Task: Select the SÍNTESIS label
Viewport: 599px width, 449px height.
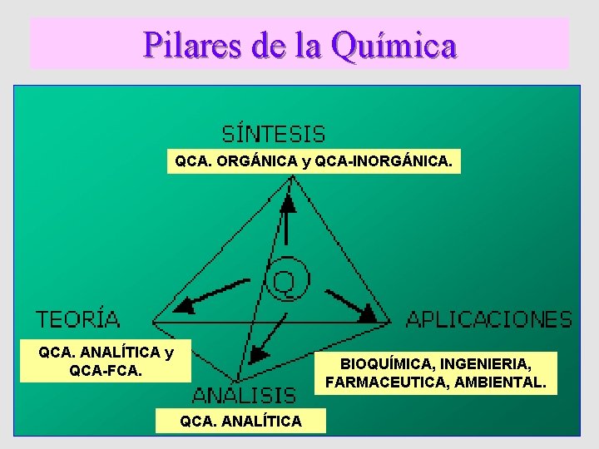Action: coord(274,134)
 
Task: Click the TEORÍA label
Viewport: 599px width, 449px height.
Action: coord(78,318)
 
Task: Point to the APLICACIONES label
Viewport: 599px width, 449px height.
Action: coord(488,318)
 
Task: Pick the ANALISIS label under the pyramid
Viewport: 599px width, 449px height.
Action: coord(244,394)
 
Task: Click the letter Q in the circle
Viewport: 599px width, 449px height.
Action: coord(285,282)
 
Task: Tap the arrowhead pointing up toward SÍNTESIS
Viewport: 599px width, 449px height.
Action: coord(288,200)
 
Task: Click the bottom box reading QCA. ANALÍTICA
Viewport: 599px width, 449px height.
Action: coord(241,422)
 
